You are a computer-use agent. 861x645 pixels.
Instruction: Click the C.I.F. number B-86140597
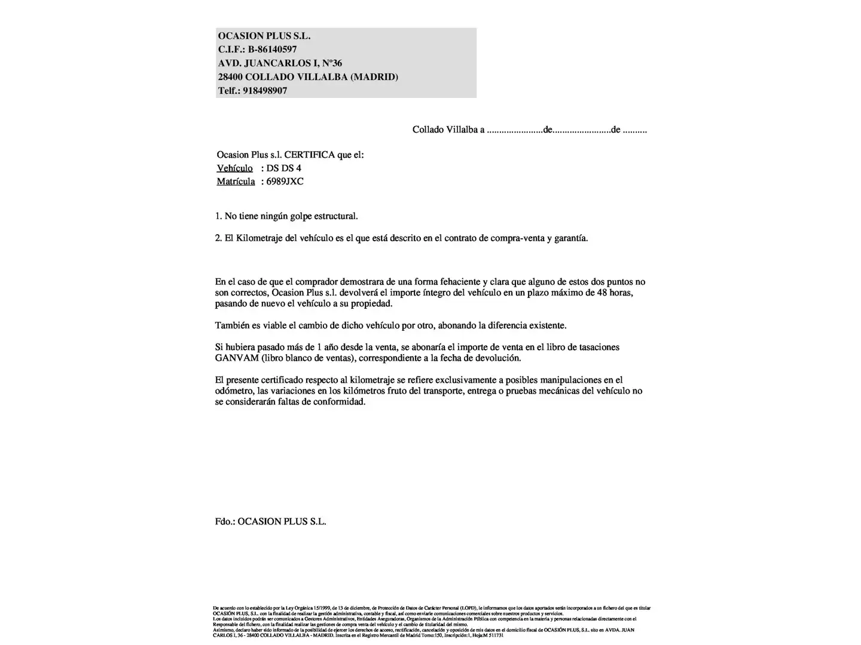(272, 50)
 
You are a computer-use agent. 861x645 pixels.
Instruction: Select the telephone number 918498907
(265, 91)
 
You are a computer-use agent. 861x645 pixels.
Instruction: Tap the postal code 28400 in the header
(230, 77)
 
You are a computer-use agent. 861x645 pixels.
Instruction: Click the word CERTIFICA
(309, 155)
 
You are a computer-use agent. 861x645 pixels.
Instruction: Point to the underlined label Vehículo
(234, 168)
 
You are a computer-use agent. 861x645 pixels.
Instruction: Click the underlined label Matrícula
(236, 182)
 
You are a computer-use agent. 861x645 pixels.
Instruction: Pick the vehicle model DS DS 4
(283, 168)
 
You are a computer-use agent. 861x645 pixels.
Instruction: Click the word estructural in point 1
(335, 216)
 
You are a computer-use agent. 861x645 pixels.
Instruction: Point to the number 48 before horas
(602, 293)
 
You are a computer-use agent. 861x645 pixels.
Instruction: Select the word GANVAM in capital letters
(237, 358)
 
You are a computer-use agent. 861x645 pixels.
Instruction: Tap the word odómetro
(233, 391)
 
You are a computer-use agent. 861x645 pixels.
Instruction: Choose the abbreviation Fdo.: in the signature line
(225, 521)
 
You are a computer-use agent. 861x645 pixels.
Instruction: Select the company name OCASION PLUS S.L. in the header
(264, 36)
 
